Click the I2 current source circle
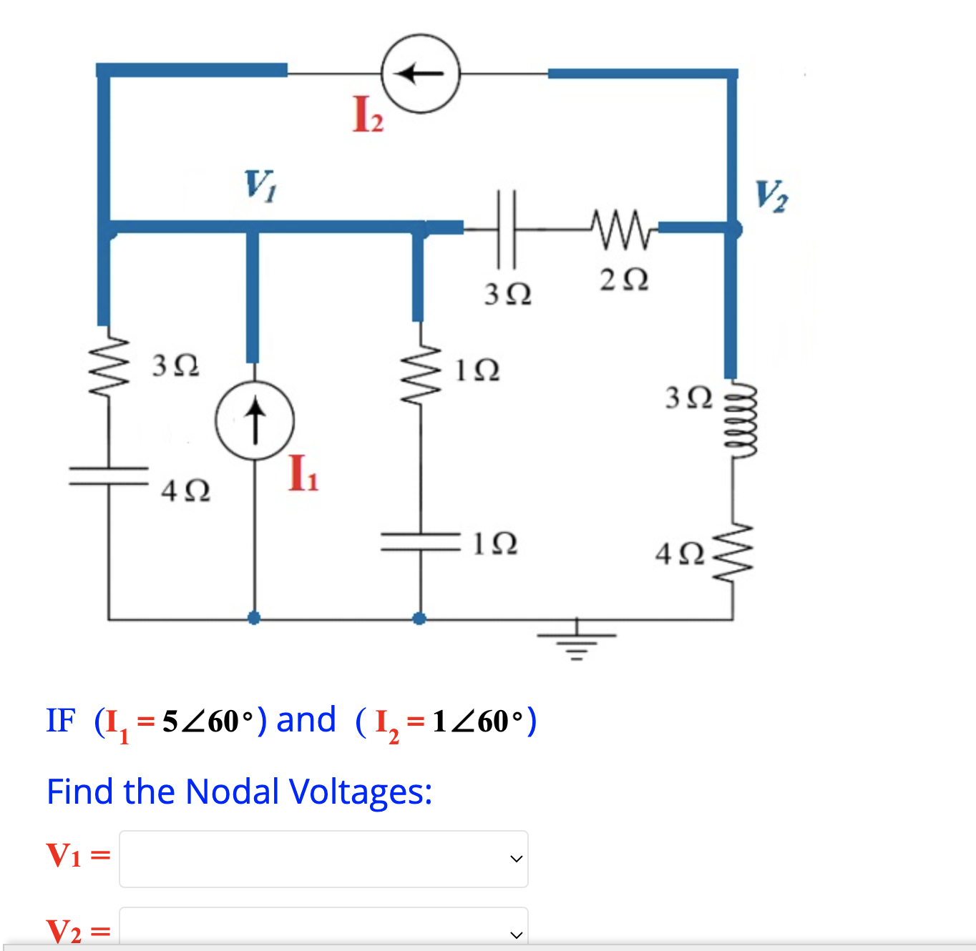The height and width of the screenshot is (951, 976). pos(420,73)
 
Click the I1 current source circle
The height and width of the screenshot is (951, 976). pos(255,421)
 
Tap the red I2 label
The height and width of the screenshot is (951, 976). pos(368,114)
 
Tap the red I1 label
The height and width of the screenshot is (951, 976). pos(303,473)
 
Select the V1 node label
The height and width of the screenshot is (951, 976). pos(260,184)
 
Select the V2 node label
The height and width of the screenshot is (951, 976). pos(771,195)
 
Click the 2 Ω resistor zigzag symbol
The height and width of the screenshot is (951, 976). pos(620,229)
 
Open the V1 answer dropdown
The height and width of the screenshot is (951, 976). pos(323,859)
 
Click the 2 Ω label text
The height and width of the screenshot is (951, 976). pos(624,280)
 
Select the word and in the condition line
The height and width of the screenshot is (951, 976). pos(306,720)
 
